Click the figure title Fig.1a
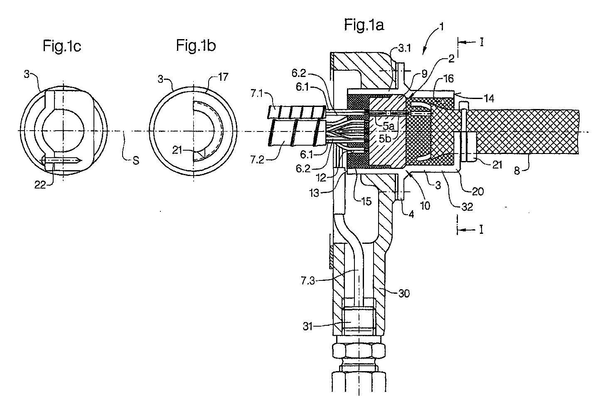tap(364, 25)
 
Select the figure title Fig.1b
tap(196, 45)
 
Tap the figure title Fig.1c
tap(62, 46)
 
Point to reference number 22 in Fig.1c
tap(40, 185)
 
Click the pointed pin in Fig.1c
tap(61, 161)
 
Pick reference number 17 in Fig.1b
tap(223, 77)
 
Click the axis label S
tap(136, 161)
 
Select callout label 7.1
tap(257, 94)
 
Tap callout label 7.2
tap(257, 160)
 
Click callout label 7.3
tap(308, 281)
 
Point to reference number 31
tap(307, 327)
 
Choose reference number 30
tap(404, 293)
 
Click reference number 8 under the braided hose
tap(516, 171)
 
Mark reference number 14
tap(489, 99)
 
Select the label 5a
tap(389, 126)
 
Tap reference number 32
tap(467, 207)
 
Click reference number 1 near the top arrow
tap(442, 27)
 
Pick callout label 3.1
tap(405, 48)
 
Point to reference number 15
tap(366, 201)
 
